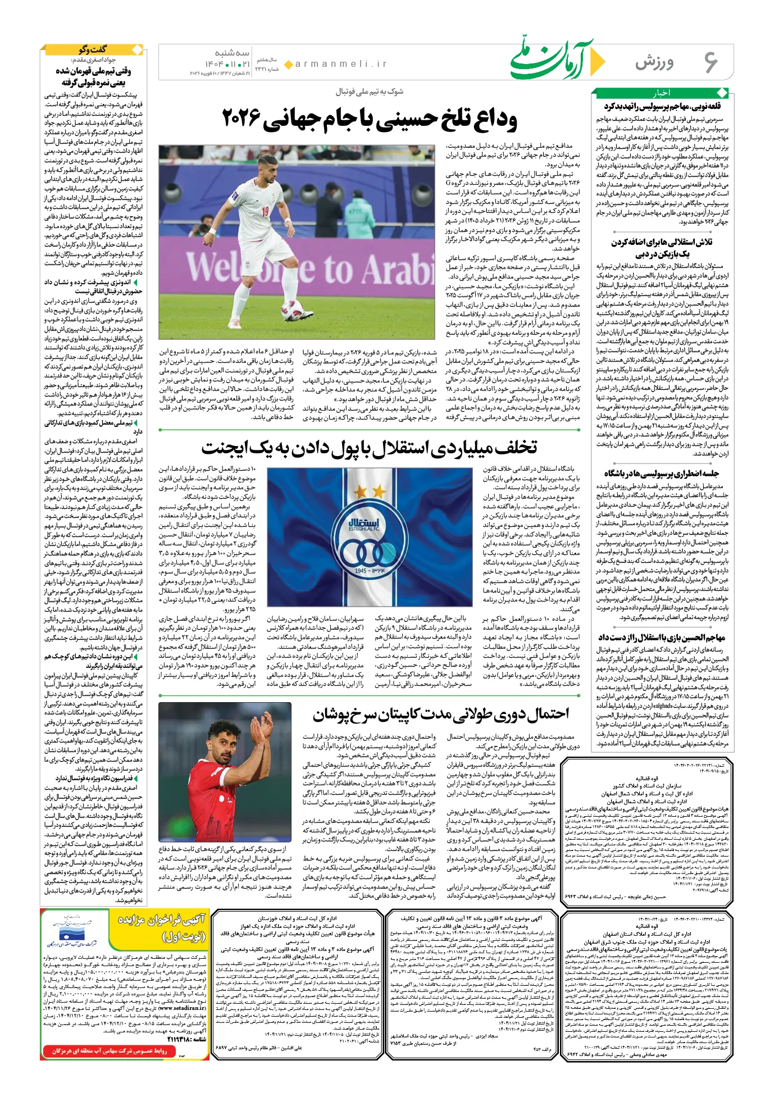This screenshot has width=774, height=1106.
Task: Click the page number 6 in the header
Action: pyautogui.click(x=710, y=62)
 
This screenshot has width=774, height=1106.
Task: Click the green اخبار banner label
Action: pyautogui.click(x=661, y=93)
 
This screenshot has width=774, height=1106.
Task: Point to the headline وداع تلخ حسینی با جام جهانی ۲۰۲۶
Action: pyautogui.click(x=370, y=119)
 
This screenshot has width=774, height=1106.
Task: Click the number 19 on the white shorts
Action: pyautogui.click(x=265, y=212)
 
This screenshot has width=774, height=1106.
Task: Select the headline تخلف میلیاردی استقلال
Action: pyautogui.click(x=369, y=448)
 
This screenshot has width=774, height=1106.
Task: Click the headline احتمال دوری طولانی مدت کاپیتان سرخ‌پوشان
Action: pyautogui.click(x=441, y=714)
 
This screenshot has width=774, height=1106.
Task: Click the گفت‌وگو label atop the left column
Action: pyautogui.click(x=92, y=49)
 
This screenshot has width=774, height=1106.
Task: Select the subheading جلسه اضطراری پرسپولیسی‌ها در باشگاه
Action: pyautogui.click(x=661, y=473)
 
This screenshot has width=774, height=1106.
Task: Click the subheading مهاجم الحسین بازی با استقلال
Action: pyautogui.click(x=661, y=638)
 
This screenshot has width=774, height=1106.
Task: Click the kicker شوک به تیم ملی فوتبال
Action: pyautogui.click(x=370, y=92)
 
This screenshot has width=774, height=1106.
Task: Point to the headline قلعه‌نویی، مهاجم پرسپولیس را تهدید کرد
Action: pyautogui.click(x=662, y=106)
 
